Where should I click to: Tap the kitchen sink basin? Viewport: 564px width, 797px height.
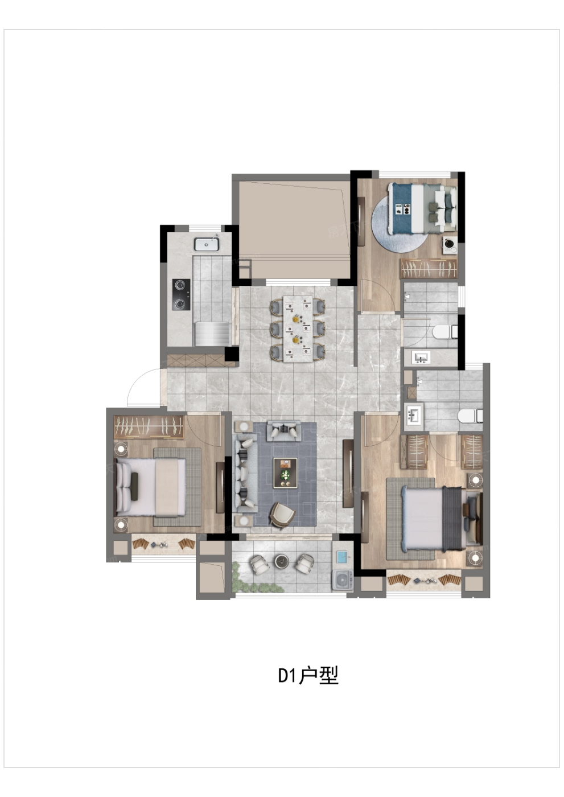pyautogui.click(x=206, y=244)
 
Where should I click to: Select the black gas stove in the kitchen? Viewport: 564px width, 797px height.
pyautogui.click(x=181, y=294)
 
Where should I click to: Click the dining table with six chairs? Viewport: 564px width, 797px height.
pyautogui.click(x=298, y=328)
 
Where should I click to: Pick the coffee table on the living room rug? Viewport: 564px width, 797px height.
pyautogui.click(x=285, y=473)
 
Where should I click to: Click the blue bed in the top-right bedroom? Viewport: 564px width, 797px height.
pyautogui.click(x=422, y=208)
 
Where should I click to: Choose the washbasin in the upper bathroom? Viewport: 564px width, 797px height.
pyautogui.click(x=421, y=357)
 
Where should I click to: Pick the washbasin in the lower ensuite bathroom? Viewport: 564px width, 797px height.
pyautogui.click(x=414, y=415)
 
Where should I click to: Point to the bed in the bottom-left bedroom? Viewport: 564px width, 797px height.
pyautogui.click(x=151, y=487)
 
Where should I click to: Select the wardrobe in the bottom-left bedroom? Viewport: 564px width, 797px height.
pyautogui.click(x=149, y=427)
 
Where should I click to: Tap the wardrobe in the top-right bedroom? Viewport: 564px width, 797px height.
pyautogui.click(x=429, y=269)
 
